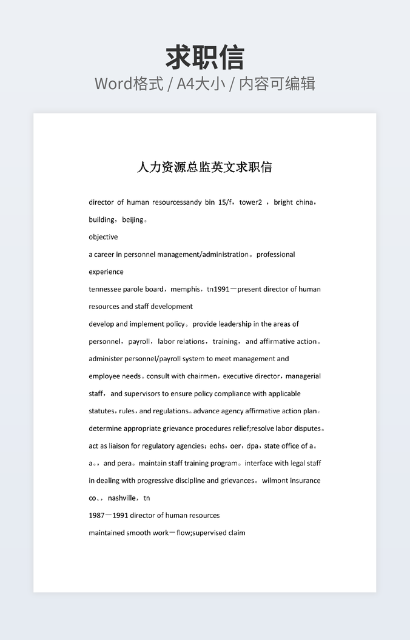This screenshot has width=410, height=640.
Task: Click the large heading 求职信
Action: click(x=204, y=58)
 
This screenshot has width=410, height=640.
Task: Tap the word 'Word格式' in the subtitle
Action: click(x=129, y=84)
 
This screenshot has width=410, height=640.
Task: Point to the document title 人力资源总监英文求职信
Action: click(x=204, y=167)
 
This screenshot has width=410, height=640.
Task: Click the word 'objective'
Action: click(x=103, y=237)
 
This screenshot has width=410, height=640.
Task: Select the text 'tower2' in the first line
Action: click(x=250, y=202)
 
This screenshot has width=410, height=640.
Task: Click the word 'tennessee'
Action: click(x=105, y=289)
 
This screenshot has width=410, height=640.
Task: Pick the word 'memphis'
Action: click(x=185, y=289)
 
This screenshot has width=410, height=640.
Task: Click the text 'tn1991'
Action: click(x=218, y=289)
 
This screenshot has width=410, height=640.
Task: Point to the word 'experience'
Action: click(x=106, y=272)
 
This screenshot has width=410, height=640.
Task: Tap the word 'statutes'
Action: click(x=101, y=411)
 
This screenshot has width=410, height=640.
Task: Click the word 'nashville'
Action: click(x=123, y=498)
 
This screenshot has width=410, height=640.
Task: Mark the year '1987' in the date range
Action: click(x=96, y=516)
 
